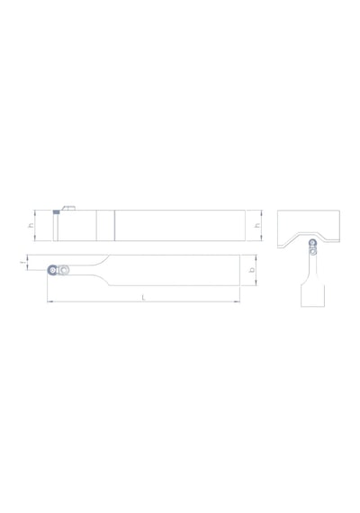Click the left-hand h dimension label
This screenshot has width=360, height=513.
(31, 225)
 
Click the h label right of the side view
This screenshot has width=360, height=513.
(257, 225)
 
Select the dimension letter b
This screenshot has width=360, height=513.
(252, 270)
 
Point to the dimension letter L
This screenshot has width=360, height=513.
(143, 297)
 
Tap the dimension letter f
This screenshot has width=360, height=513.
(22, 263)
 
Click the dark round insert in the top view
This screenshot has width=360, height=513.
(51, 270)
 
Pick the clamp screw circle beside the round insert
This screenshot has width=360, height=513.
(63, 270)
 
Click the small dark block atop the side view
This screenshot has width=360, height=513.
(57, 212)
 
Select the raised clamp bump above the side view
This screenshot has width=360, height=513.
(68, 208)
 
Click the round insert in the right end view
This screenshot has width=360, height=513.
(312, 243)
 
